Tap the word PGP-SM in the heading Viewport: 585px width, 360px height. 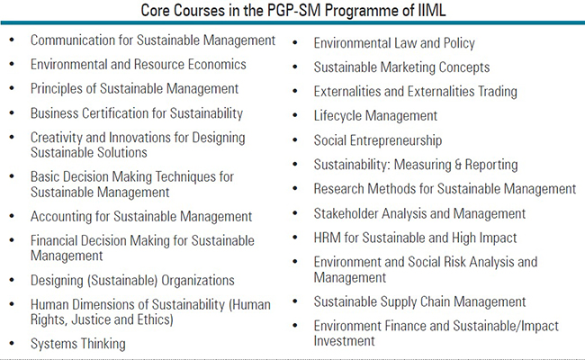pyautogui.click(x=277, y=13)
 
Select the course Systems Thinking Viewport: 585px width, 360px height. pyautogui.click(x=77, y=343)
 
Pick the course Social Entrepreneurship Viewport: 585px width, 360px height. pyautogui.click(x=378, y=140)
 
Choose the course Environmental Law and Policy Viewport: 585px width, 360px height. pyautogui.click(x=394, y=43)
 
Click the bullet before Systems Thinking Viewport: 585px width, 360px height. pyautogui.click(x=11, y=344)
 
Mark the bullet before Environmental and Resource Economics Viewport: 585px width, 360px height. pyautogui.click(x=11, y=65)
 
